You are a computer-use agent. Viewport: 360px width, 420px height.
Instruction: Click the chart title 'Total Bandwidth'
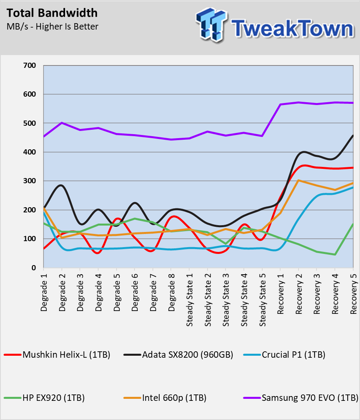pos(52,13)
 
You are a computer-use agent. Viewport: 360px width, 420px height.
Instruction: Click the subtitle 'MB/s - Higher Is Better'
pos(53,26)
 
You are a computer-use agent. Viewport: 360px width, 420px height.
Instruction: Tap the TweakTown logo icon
pos(212,25)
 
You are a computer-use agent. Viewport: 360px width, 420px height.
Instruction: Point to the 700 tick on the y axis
pos(30,65)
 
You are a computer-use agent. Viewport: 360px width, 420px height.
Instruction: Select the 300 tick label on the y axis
pos(30,181)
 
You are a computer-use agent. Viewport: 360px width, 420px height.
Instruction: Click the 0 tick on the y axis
pos(33,267)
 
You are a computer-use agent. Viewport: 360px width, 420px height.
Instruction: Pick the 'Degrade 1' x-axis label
pos(44,292)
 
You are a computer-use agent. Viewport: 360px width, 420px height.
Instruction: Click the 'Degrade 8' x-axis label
pos(172,292)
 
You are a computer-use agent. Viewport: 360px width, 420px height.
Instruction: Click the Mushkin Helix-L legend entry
pos(57,355)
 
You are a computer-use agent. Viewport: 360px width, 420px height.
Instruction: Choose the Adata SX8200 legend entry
pos(178,355)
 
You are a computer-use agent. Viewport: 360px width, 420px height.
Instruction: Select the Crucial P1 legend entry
pos(284,355)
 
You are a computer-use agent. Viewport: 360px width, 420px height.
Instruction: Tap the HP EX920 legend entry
pos(44,398)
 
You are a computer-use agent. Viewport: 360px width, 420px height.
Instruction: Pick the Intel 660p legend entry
pos(165,398)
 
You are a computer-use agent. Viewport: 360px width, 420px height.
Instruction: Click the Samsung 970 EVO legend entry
pos(301,398)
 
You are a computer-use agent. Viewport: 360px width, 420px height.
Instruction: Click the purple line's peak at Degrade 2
pos(62,123)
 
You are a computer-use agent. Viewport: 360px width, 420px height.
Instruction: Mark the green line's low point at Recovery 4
pos(335,254)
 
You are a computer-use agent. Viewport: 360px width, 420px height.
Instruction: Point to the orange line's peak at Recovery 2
pos(299,180)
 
